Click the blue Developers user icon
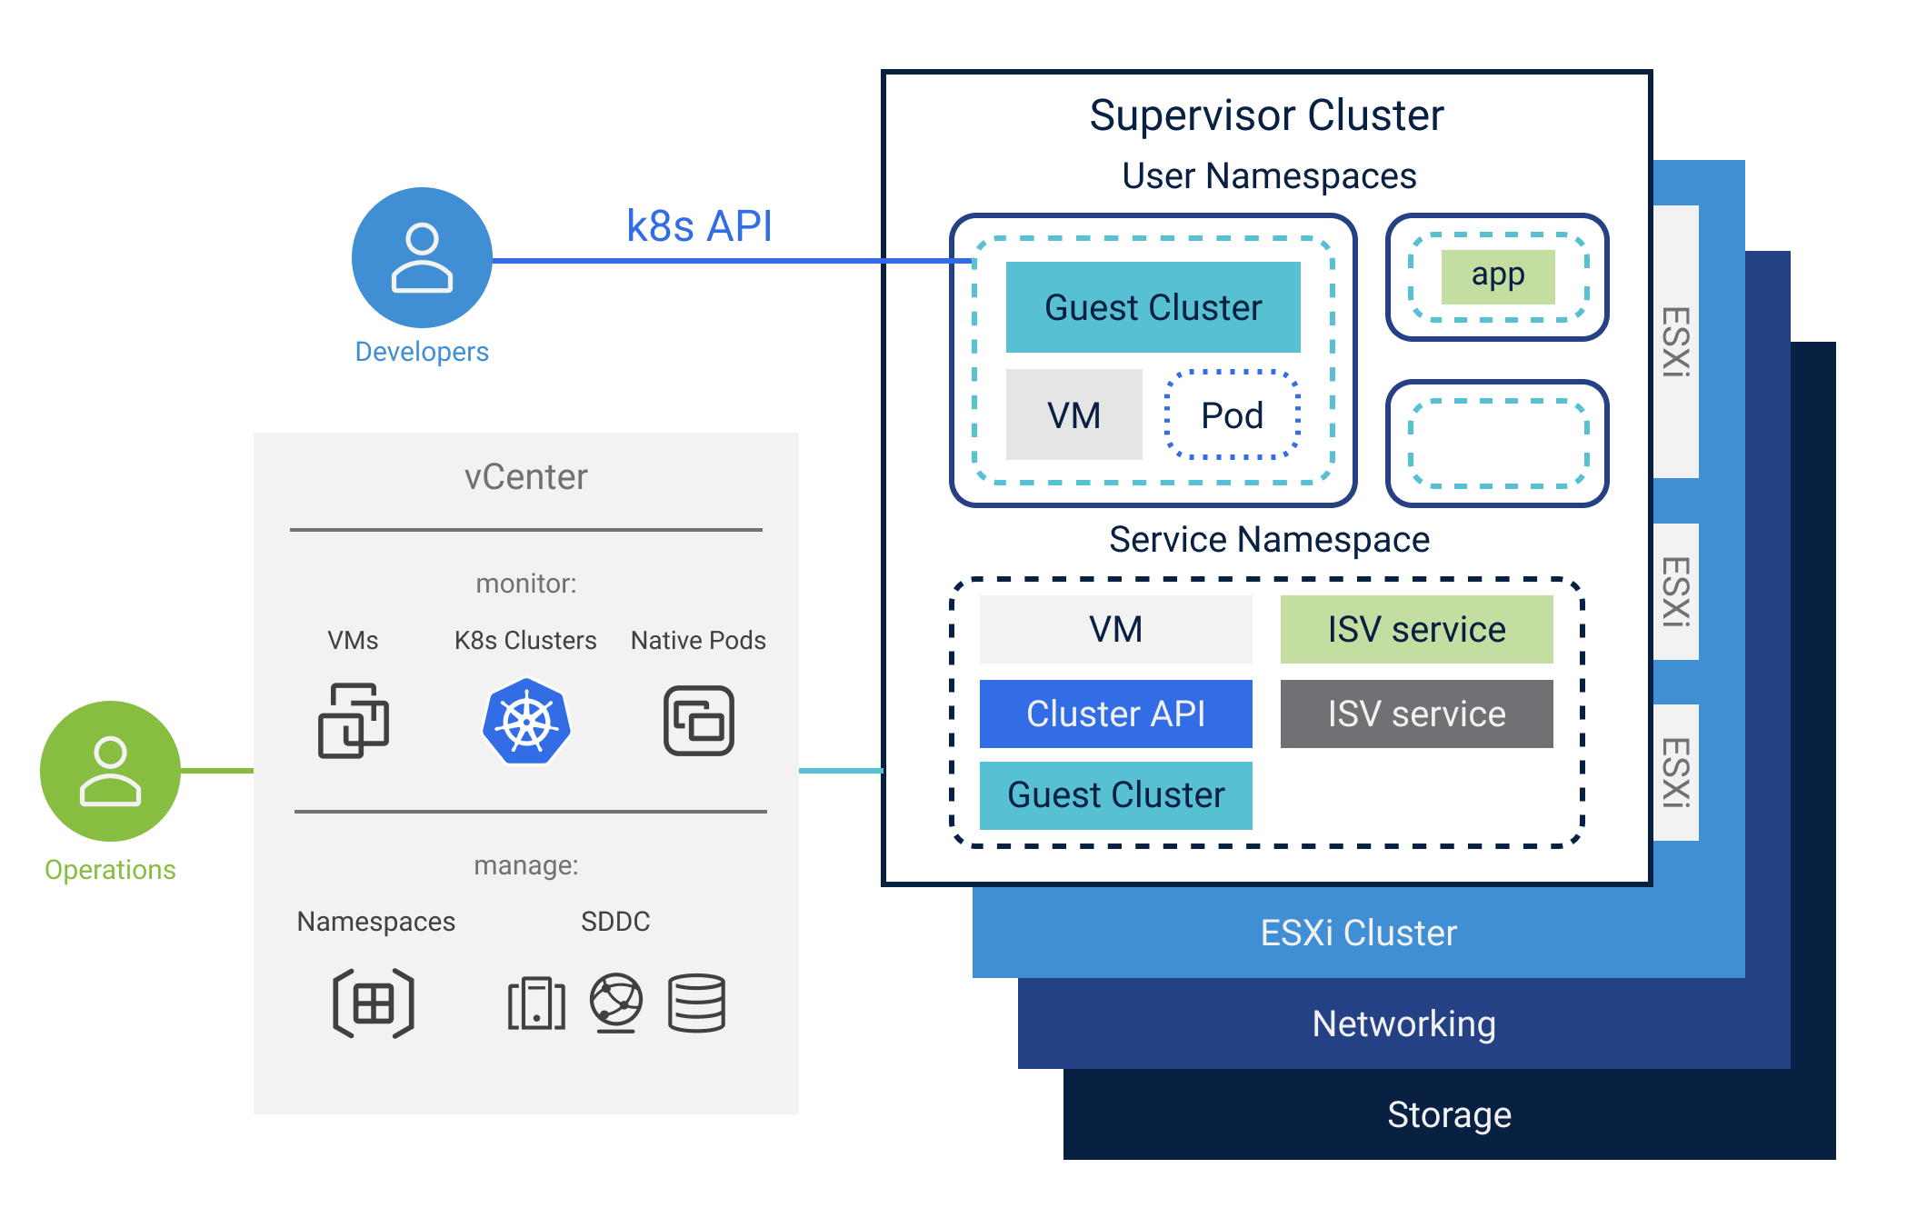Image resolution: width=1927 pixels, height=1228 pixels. [422, 257]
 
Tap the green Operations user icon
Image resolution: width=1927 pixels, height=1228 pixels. [110, 771]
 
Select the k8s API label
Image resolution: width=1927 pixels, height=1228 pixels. [699, 226]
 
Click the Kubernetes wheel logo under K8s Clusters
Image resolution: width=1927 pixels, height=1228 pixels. [526, 722]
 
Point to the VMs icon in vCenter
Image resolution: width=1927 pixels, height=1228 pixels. [354, 720]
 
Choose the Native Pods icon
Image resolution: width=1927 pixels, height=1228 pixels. [698, 721]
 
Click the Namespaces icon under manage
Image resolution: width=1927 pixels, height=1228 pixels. [374, 1003]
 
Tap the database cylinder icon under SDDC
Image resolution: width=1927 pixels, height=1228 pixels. [696, 1003]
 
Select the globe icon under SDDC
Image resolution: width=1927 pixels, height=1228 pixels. [616, 1003]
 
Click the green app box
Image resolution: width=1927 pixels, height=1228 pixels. [1498, 276]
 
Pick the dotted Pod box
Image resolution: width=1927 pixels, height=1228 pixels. [1233, 415]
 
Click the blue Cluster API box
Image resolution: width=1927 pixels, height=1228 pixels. [1115, 714]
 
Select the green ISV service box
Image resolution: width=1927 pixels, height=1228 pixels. [1416, 629]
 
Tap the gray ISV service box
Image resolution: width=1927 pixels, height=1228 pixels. [1416, 714]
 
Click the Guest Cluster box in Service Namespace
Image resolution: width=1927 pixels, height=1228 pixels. [1115, 795]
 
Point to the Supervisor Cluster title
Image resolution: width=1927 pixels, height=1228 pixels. [1266, 115]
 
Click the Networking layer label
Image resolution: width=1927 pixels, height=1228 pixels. [1403, 1023]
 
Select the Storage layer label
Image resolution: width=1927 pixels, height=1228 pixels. [1449, 1114]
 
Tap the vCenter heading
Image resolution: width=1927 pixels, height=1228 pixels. [525, 477]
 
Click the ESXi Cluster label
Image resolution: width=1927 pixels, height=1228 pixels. [1358, 933]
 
